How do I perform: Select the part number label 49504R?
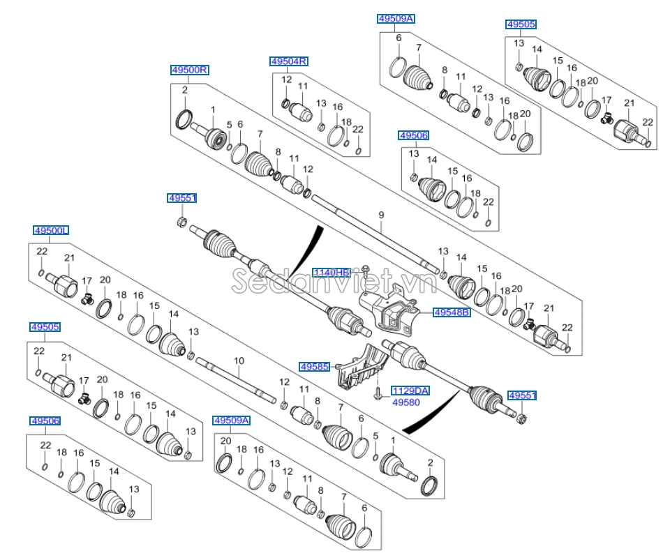pyautogui.click(x=289, y=61)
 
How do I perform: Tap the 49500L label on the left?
pyautogui.click(x=51, y=230)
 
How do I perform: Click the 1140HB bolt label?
pyautogui.click(x=331, y=272)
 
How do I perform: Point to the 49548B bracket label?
pyautogui.click(x=452, y=313)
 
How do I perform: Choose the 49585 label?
pyautogui.click(x=314, y=366)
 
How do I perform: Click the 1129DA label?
pyautogui.click(x=410, y=391)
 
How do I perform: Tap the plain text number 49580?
pyautogui.click(x=406, y=402)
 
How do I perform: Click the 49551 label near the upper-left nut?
pyautogui.click(x=182, y=198)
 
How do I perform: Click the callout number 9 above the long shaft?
pyautogui.click(x=382, y=215)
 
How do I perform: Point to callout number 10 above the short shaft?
pyautogui.click(x=239, y=361)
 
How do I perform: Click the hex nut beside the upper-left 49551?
pyautogui.click(x=180, y=222)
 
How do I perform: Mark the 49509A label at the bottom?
pyautogui.click(x=231, y=421)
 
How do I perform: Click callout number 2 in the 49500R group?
pyautogui.click(x=185, y=90)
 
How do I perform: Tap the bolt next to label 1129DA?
pyautogui.click(x=377, y=395)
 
